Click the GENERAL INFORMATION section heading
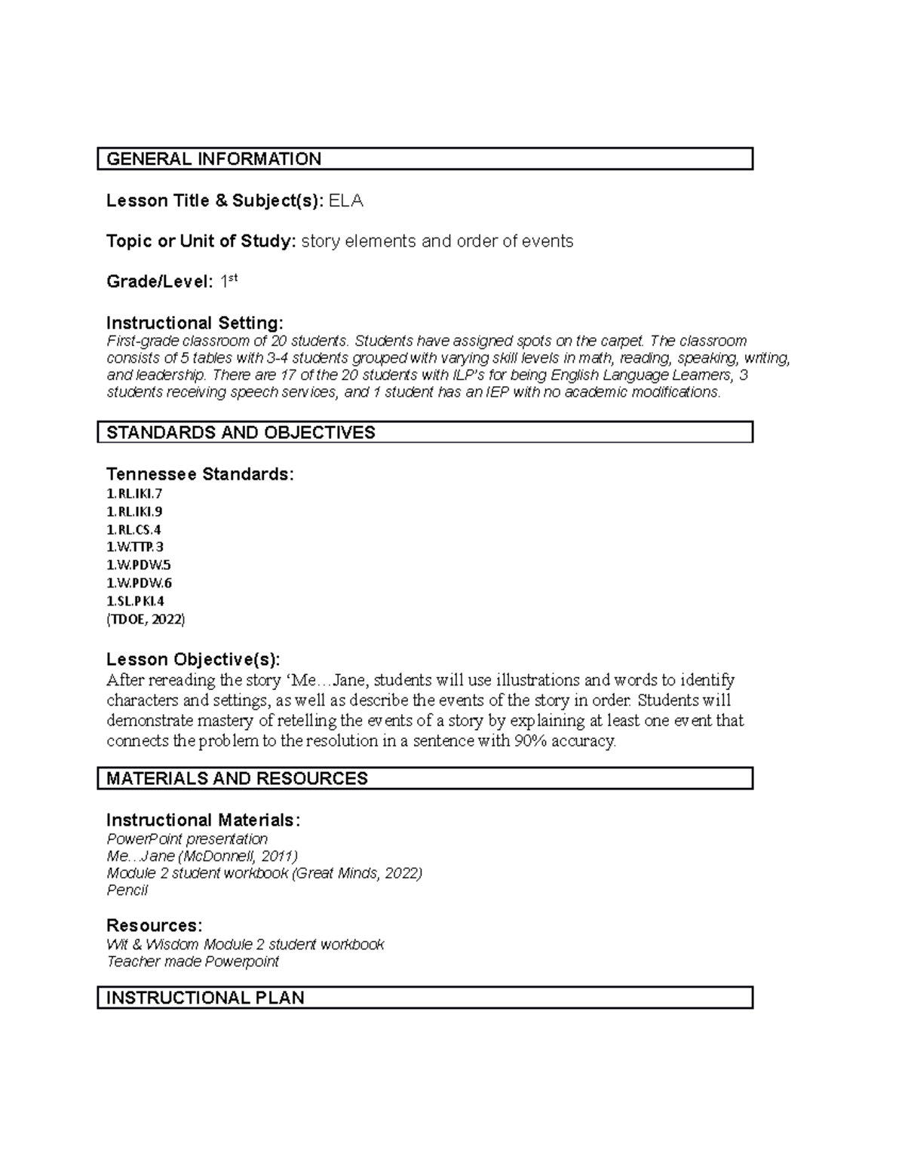click(x=214, y=159)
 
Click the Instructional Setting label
click(x=195, y=323)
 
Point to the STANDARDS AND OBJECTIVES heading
click(x=241, y=433)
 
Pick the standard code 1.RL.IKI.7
click(x=134, y=494)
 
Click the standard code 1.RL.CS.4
click(x=133, y=530)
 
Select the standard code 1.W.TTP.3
click(x=135, y=547)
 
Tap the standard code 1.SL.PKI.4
click(x=135, y=602)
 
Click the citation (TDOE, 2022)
click(x=146, y=620)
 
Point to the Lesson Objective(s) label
click(x=193, y=660)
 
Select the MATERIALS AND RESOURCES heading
click(x=237, y=779)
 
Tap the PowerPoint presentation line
click(x=187, y=839)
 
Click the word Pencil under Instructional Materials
click(x=127, y=891)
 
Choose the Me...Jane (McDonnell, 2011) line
click(x=202, y=857)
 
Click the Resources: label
click(x=154, y=925)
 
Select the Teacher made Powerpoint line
click(x=192, y=962)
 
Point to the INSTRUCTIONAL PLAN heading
click(x=205, y=998)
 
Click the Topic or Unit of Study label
click(x=201, y=241)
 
